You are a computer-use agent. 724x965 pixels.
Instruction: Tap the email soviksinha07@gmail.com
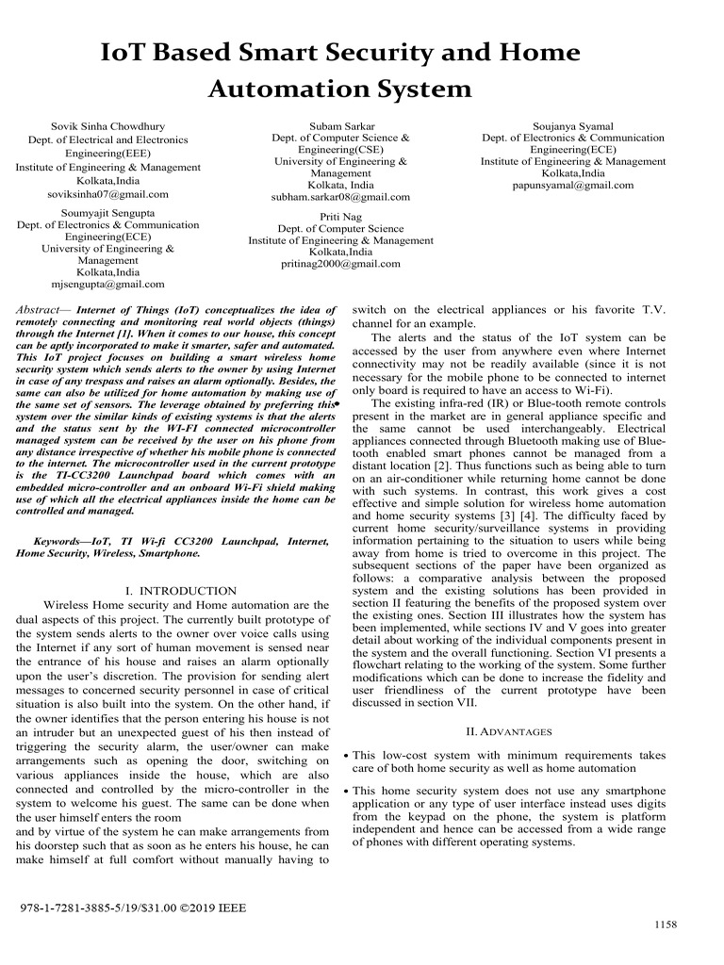point(107,194)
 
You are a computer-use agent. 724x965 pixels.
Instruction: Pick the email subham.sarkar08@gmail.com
point(340,197)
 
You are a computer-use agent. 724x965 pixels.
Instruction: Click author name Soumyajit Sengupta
point(107,213)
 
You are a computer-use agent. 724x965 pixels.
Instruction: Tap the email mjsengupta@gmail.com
point(107,284)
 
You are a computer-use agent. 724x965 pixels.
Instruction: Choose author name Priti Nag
point(340,216)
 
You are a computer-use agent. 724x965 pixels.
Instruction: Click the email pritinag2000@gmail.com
point(340,265)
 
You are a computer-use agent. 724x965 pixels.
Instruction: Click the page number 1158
point(666,924)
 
